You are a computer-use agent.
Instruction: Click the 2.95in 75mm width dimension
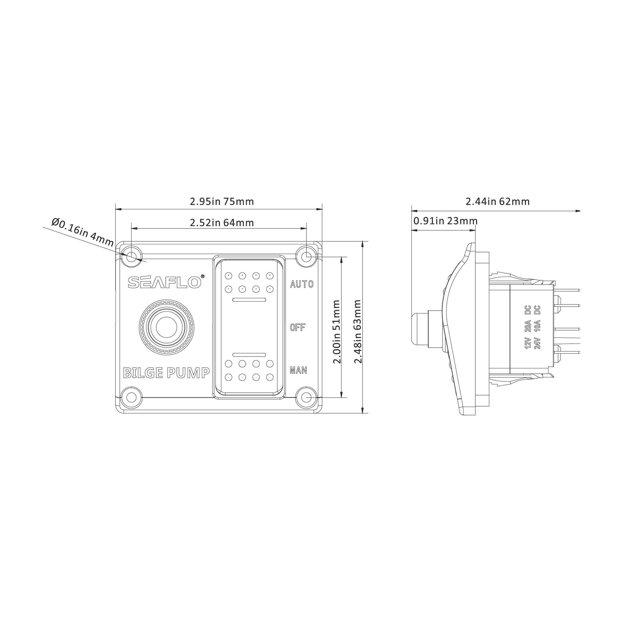point(222,201)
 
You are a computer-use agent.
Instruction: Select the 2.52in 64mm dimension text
point(222,222)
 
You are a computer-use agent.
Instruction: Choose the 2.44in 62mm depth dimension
point(497,201)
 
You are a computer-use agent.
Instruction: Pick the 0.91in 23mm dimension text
point(445,221)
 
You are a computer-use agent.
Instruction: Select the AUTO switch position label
point(301,284)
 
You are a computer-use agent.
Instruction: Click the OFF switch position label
point(298,327)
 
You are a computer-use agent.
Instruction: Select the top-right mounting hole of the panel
point(306,256)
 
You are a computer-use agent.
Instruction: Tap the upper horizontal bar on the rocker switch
point(249,300)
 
